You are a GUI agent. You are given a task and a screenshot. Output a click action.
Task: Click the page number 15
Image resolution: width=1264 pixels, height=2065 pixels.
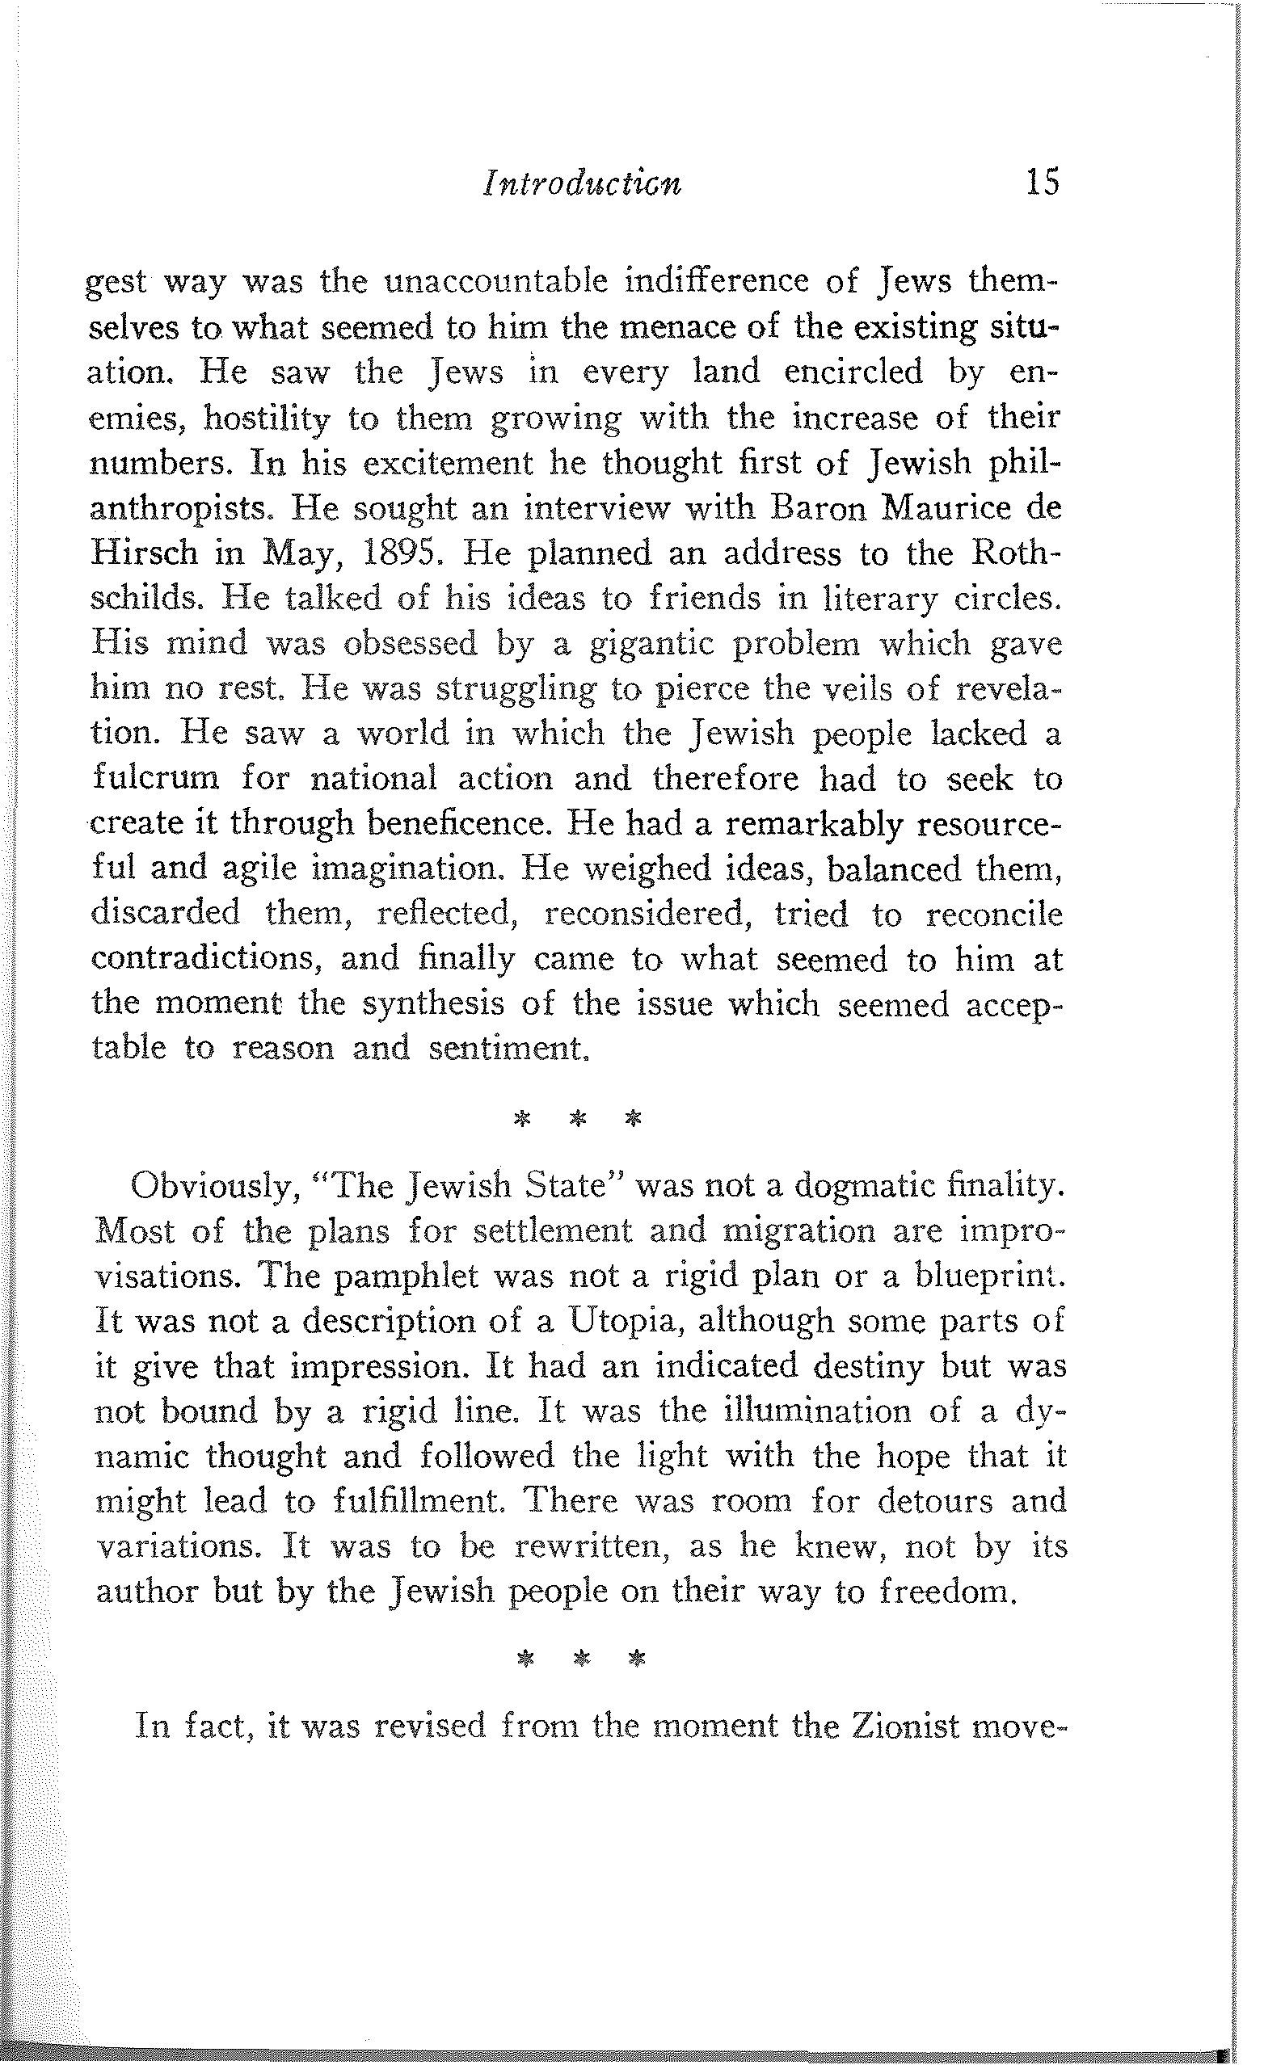(1042, 182)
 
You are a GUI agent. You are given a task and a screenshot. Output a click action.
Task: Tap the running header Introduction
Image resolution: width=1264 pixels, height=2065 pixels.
(582, 183)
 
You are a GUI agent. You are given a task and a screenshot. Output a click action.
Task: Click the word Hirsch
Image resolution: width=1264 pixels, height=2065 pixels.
(143, 553)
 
